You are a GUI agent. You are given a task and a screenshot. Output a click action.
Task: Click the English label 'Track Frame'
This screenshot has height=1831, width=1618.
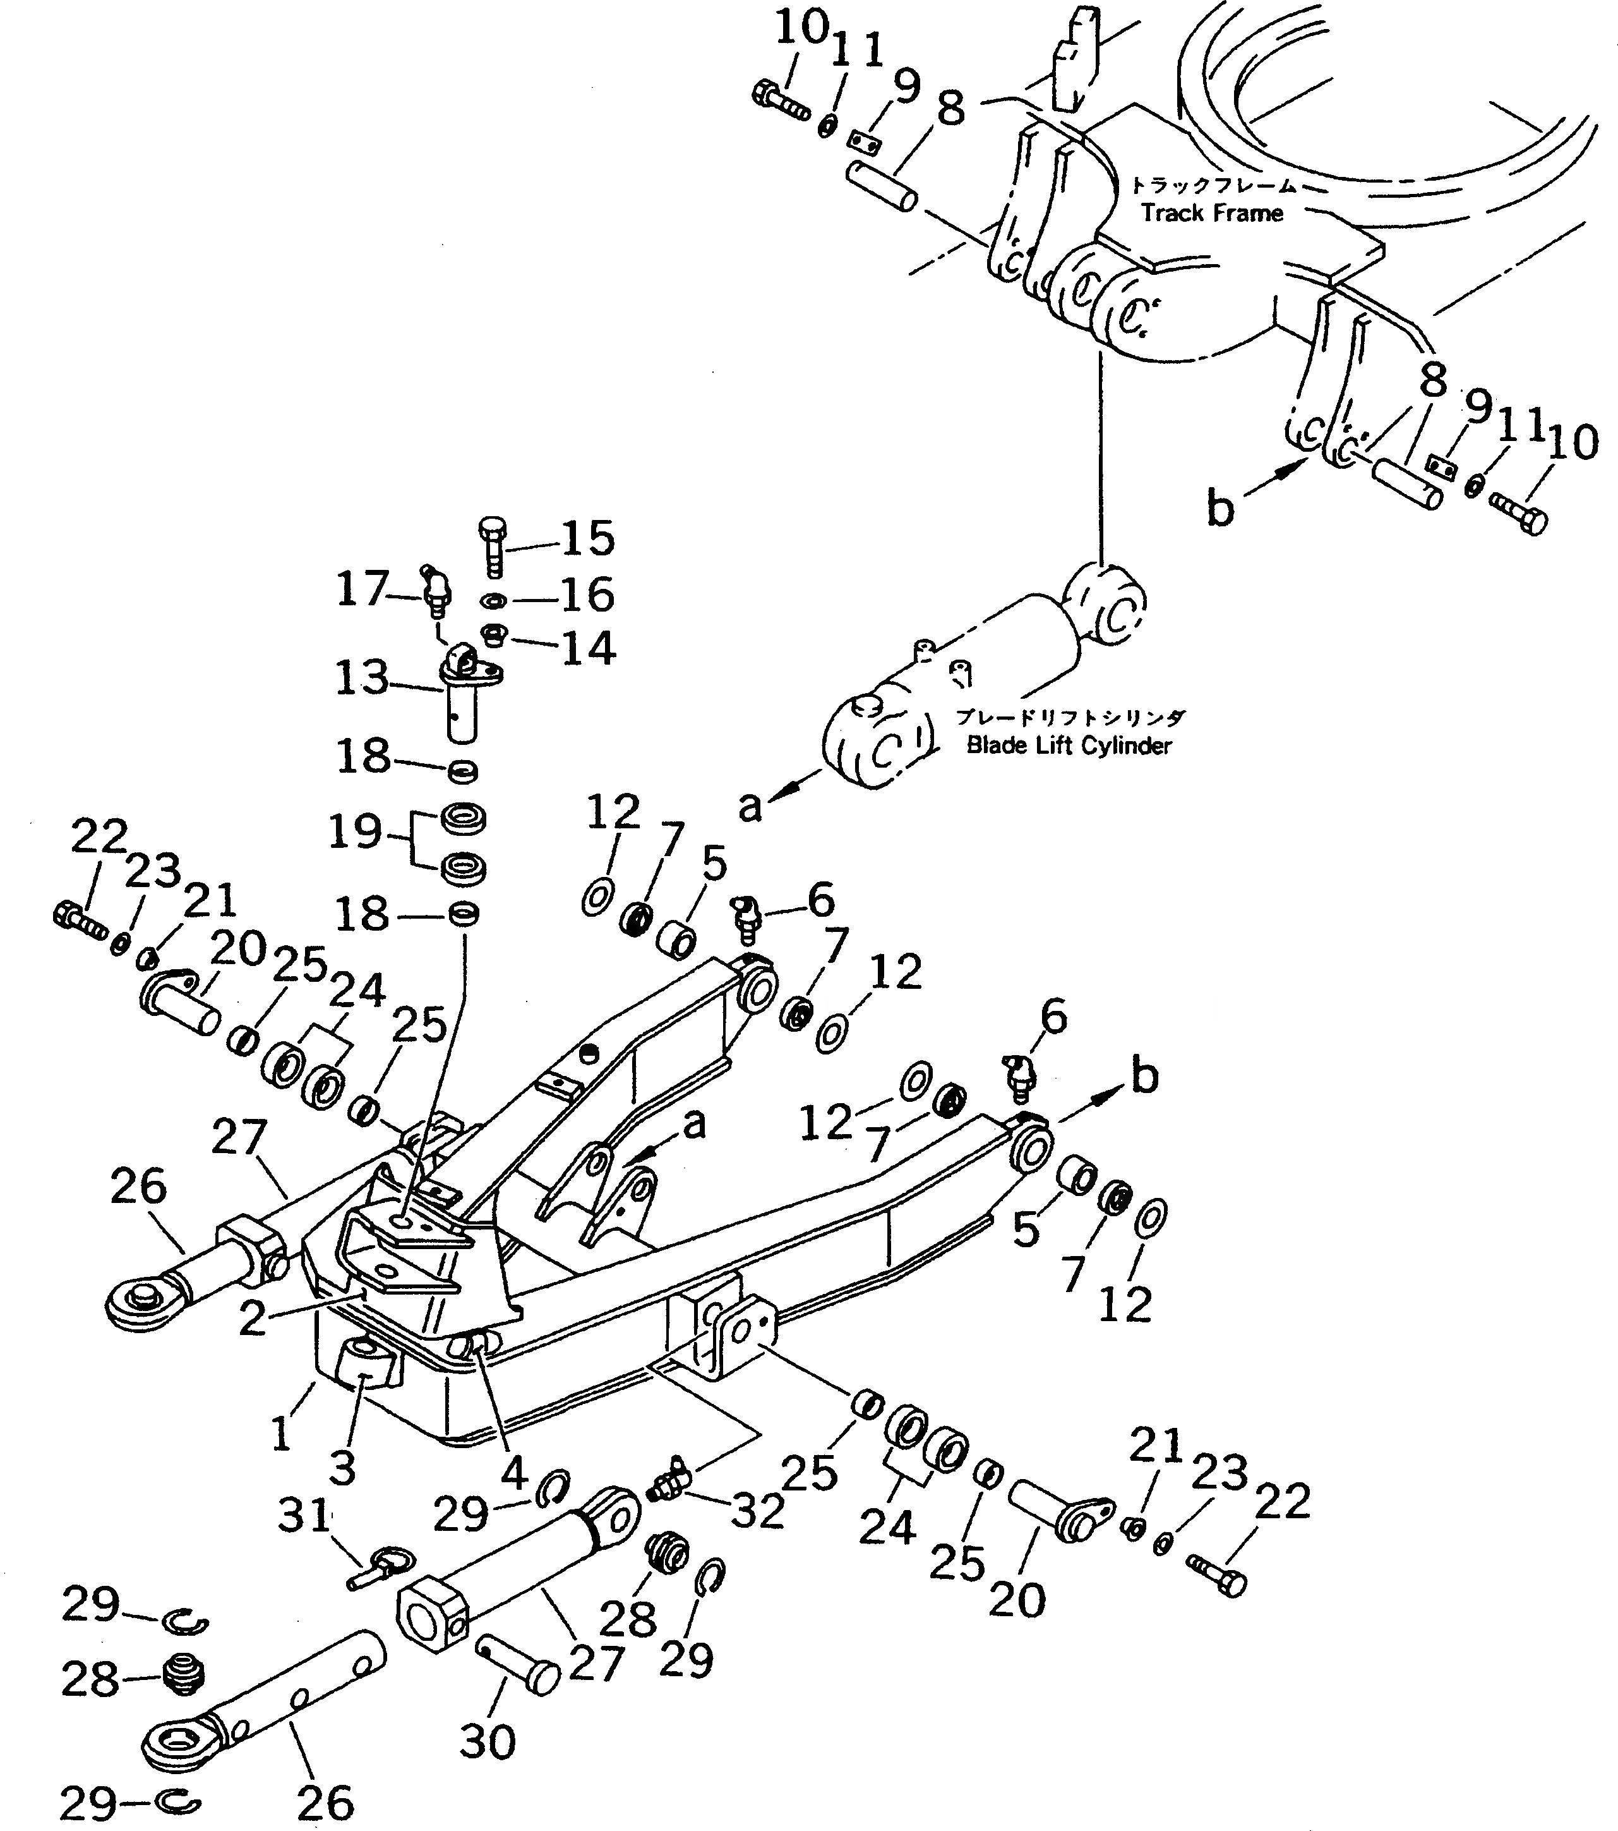[1211, 213]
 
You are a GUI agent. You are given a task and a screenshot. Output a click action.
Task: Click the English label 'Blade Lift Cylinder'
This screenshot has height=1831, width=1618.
[1068, 746]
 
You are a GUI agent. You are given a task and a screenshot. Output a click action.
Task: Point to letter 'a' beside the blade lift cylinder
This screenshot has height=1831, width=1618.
[750, 807]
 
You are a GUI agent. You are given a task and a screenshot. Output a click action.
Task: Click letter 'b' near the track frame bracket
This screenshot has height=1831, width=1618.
[1219, 509]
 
